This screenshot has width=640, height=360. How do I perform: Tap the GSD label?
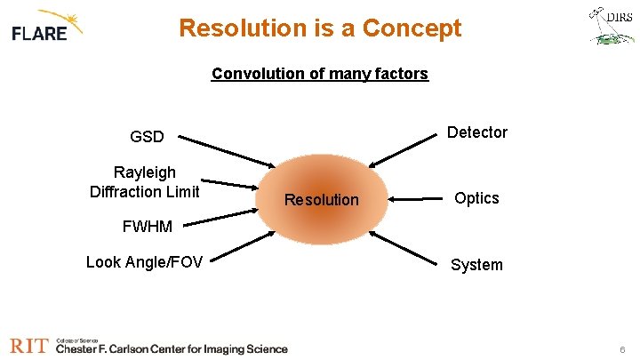point(147,137)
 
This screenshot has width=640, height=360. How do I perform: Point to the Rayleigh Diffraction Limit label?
point(145,181)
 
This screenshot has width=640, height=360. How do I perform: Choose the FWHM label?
point(147,227)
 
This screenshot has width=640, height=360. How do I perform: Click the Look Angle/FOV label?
point(144,261)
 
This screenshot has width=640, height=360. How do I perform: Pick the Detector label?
point(477,132)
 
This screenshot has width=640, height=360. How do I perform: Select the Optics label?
point(477,198)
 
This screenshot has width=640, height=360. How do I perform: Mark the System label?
point(477,265)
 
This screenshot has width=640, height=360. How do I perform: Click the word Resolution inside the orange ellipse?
point(321,200)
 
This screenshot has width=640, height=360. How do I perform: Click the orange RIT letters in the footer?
point(28,346)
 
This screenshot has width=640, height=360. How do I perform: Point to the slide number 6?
point(621,350)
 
